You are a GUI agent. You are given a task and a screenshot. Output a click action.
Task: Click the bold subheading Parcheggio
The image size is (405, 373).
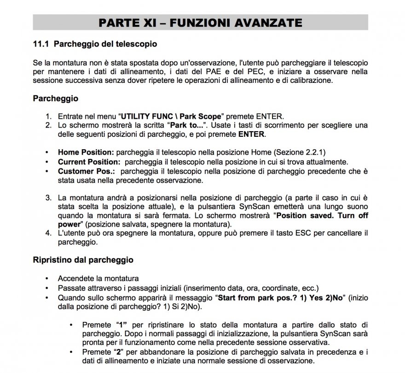click(55, 99)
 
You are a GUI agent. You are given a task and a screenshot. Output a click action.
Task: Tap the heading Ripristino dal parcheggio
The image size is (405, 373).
click(83, 260)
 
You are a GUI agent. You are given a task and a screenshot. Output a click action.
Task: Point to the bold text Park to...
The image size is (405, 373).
click(186, 125)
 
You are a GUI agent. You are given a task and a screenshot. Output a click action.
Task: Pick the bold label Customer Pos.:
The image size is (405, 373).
click(86, 171)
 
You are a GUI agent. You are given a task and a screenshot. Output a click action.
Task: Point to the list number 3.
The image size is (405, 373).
click(48, 198)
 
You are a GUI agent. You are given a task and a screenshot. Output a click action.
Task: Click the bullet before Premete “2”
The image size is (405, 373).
click(71, 351)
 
